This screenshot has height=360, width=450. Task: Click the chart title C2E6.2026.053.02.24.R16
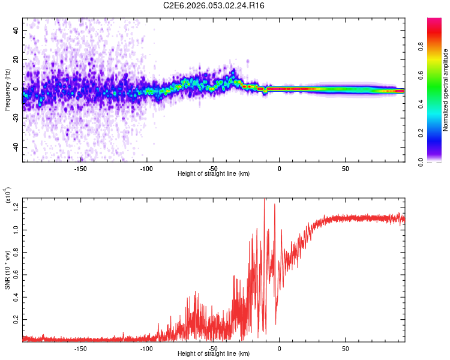pos(214,5)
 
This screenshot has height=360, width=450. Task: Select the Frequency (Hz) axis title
pos(7,90)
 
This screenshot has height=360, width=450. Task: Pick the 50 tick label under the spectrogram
pos(345,168)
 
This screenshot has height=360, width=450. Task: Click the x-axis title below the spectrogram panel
pos(214,174)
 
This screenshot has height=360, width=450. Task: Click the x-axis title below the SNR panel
pos(214,354)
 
